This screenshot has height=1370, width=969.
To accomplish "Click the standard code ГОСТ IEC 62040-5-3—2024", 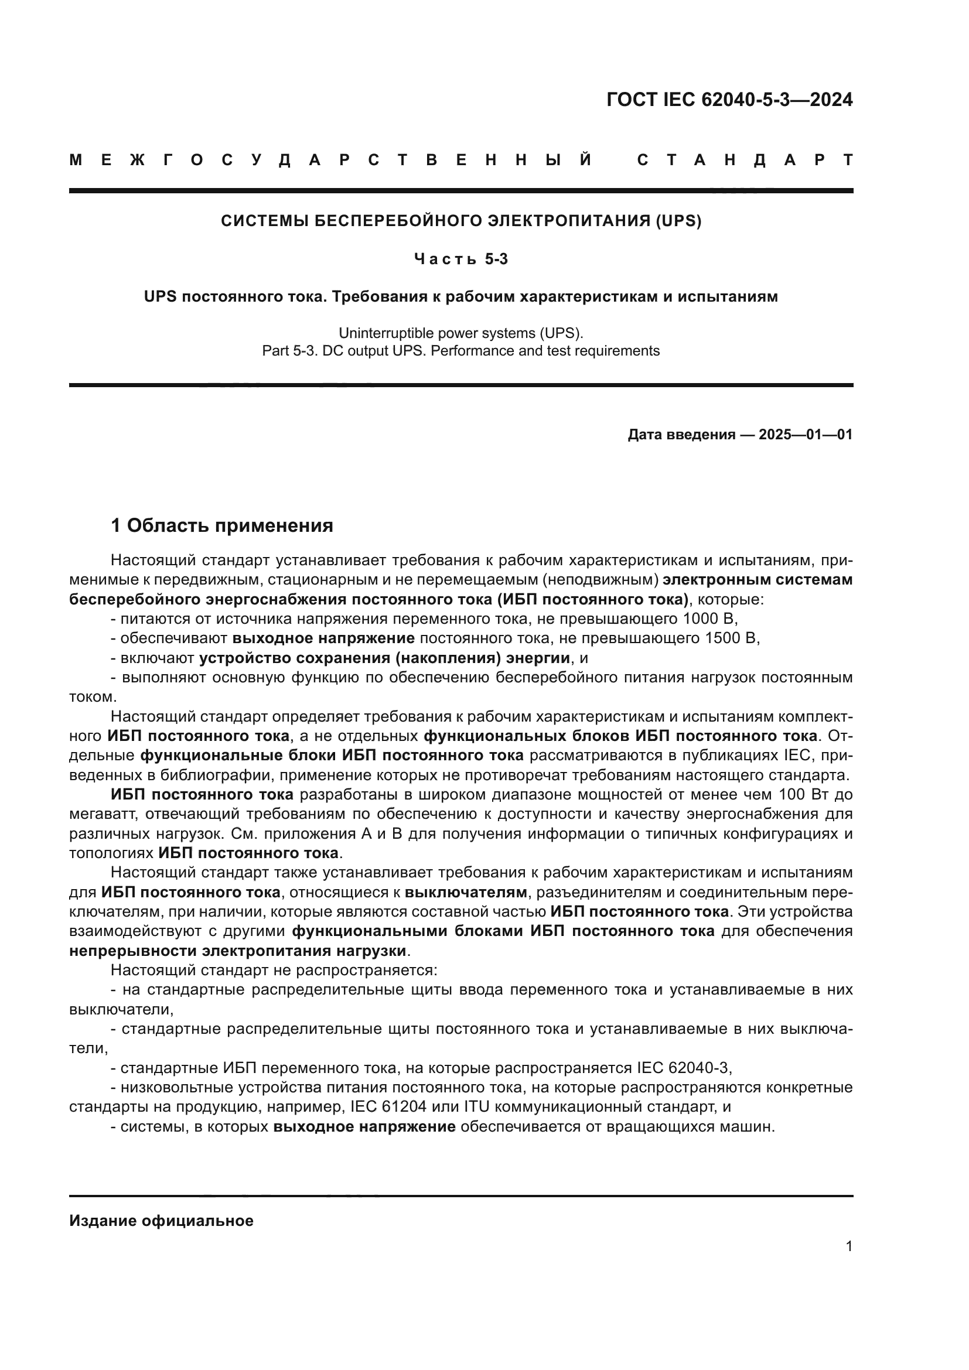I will tap(729, 100).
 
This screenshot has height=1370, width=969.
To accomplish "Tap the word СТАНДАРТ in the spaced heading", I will tap(745, 160).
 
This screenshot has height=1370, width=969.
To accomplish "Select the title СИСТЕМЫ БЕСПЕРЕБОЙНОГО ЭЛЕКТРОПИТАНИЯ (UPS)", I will tap(460, 221).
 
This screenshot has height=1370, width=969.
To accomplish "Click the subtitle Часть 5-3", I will tap(460, 259).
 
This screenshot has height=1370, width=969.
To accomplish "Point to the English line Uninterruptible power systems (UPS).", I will tap(460, 333).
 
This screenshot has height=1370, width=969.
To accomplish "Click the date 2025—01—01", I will tap(806, 435).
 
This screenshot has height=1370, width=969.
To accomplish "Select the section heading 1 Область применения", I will tap(222, 525).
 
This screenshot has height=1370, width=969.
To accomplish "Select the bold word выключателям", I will tap(466, 893).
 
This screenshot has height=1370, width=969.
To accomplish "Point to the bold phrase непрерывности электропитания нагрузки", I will tap(237, 951).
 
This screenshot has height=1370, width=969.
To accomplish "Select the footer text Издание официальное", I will tap(161, 1221).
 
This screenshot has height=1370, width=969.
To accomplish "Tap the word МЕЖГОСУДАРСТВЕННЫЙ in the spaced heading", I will tap(331, 160).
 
